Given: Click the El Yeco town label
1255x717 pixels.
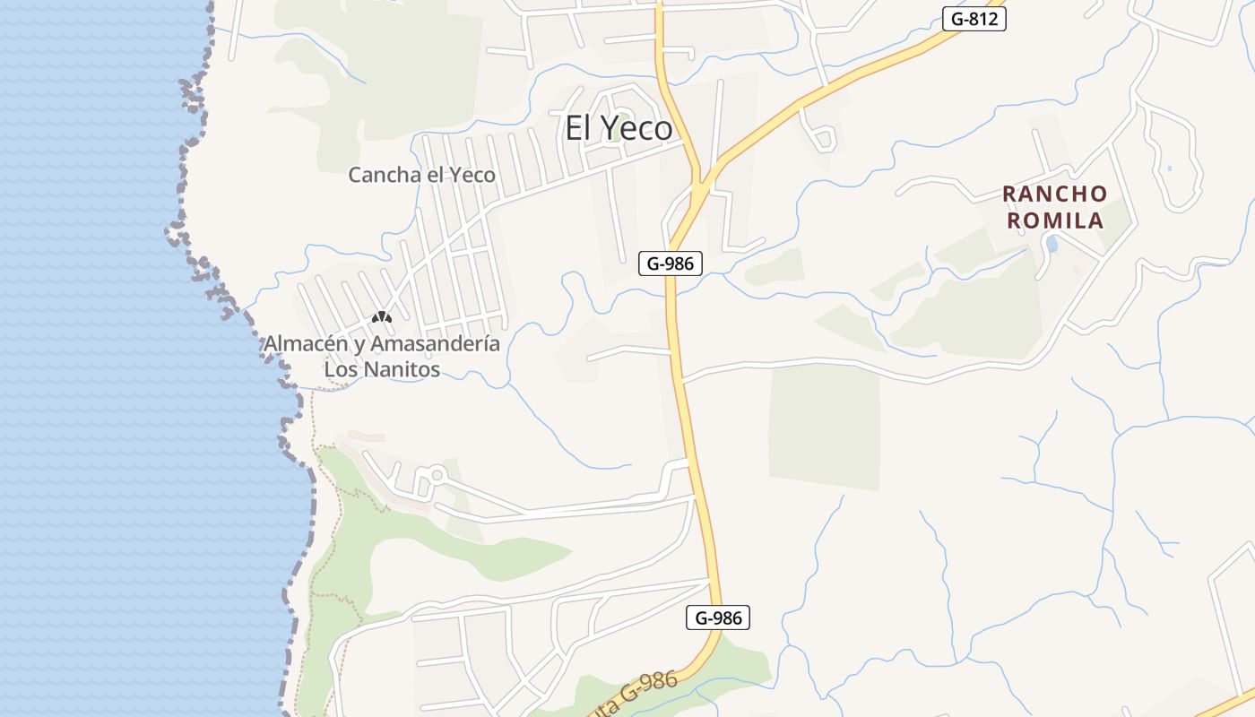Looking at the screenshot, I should [619, 128].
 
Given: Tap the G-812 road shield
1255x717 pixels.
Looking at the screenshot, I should [974, 19].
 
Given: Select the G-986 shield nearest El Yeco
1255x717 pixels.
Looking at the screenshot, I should [670, 263].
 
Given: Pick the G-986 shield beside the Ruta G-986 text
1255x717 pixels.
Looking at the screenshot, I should [717, 618].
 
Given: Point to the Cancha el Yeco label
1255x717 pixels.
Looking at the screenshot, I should [421, 175].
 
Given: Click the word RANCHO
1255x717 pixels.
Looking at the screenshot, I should [1054, 194].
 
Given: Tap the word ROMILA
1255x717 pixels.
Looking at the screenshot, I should [1055, 220].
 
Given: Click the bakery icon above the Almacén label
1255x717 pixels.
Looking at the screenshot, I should [382, 317].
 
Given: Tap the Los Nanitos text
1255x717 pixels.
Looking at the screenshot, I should [382, 369].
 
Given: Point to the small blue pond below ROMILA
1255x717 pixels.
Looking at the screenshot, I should [1052, 244].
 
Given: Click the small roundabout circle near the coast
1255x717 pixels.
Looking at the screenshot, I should [437, 473].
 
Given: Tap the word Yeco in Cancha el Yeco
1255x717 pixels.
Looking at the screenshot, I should [472, 175].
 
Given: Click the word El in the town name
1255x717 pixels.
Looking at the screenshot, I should [579, 128].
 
